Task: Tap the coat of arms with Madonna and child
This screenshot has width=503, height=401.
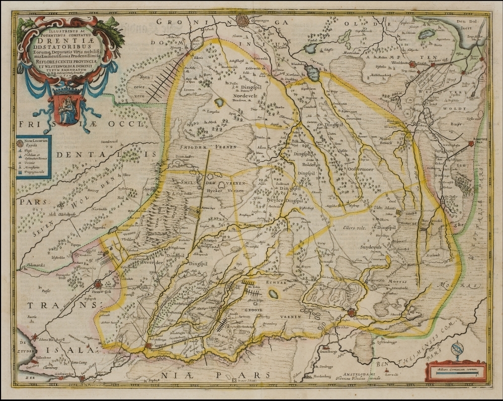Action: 65,107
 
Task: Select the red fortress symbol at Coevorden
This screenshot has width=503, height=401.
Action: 351,313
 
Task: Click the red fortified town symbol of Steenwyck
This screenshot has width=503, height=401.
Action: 98,284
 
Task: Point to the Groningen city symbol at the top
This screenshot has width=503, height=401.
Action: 242,21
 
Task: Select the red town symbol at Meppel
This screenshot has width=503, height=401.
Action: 150,346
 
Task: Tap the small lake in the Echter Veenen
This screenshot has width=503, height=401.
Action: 276,295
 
